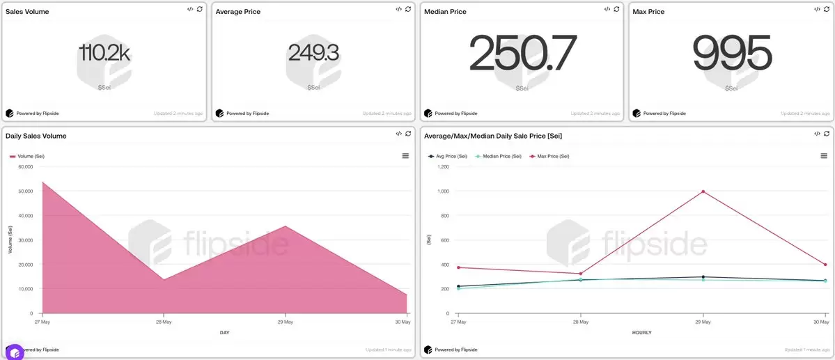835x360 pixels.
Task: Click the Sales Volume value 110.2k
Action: pyautogui.click(x=104, y=53)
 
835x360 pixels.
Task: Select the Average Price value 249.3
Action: pyautogui.click(x=313, y=53)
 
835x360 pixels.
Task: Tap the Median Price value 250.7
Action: pyautogui.click(x=522, y=54)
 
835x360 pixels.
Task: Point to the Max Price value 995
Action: pyautogui.click(x=732, y=54)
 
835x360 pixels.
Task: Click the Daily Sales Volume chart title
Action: pyautogui.click(x=36, y=136)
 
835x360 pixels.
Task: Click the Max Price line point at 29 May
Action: pyautogui.click(x=703, y=191)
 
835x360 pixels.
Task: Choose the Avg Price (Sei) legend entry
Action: pyautogui.click(x=449, y=156)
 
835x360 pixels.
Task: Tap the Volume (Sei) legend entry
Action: pyautogui.click(x=27, y=156)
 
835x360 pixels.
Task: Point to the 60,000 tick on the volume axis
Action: pyautogui.click(x=25, y=166)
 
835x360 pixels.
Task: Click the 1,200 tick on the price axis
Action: pyautogui.click(x=442, y=166)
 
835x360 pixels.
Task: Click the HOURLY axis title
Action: pyautogui.click(x=641, y=333)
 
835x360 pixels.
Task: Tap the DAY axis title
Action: pyautogui.click(x=224, y=333)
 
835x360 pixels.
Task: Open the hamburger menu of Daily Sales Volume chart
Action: pyautogui.click(x=405, y=156)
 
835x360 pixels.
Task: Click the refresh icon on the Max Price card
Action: pyautogui.click(x=826, y=9)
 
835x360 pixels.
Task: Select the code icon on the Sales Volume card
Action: pyautogui.click(x=190, y=9)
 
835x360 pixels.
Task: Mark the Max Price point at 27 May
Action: pyautogui.click(x=459, y=267)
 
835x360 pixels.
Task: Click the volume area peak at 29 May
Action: pyautogui.click(x=285, y=226)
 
